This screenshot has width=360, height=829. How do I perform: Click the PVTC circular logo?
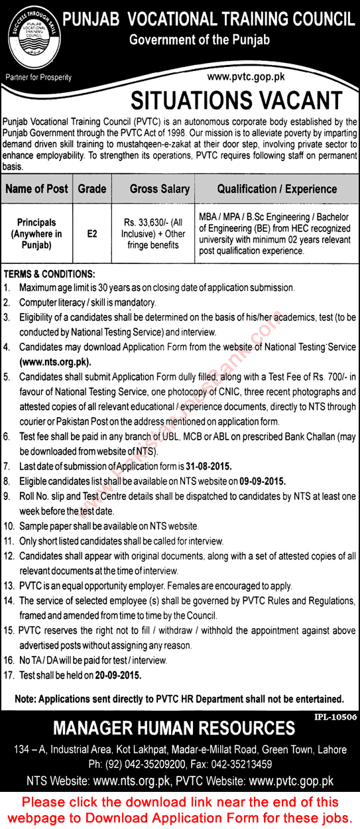(x=36, y=36)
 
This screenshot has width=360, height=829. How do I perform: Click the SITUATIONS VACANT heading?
(x=236, y=100)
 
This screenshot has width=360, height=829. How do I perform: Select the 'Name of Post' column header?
(x=36, y=189)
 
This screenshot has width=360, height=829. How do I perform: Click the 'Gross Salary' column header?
(x=159, y=189)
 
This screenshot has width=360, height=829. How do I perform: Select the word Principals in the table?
(x=37, y=223)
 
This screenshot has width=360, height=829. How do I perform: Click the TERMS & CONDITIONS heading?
(x=50, y=275)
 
